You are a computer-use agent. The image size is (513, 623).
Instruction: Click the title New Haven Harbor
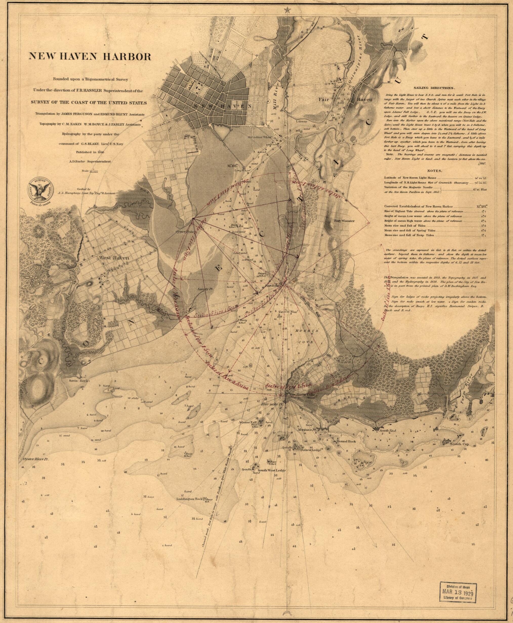click(90, 56)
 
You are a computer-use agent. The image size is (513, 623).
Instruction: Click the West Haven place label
click(114, 258)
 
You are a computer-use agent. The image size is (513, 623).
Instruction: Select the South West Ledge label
click(272, 478)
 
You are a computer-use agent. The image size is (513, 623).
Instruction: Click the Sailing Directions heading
click(433, 88)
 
